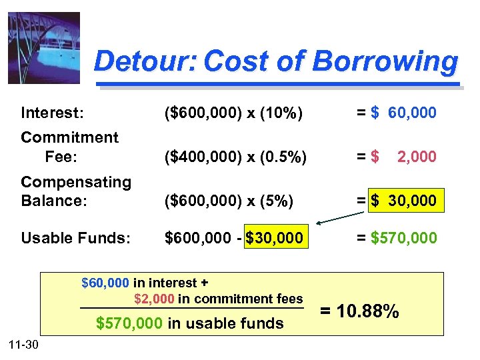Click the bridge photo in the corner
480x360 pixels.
(x=44, y=48)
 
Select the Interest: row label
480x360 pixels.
(x=52, y=113)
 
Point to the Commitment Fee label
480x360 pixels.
(x=69, y=147)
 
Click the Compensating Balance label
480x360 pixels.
(x=75, y=191)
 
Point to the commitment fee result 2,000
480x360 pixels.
(x=417, y=157)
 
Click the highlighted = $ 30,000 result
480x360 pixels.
(x=405, y=200)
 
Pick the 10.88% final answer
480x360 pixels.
(x=360, y=310)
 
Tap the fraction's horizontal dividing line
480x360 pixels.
(x=192, y=309)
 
